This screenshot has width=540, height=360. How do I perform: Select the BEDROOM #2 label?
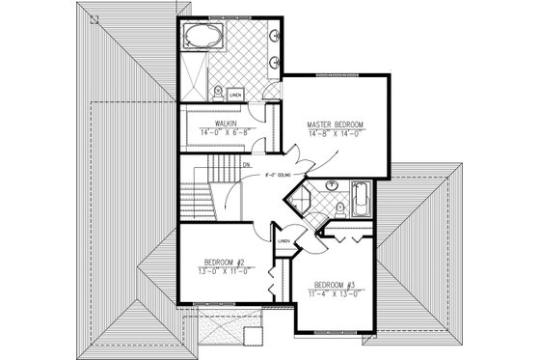(227, 262)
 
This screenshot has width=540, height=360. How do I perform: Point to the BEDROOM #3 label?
(329, 284)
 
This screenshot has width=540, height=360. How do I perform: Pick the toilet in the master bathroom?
(220, 92)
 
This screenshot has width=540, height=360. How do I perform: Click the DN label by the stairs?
(248, 165)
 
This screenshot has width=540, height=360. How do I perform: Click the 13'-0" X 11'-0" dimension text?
(227, 270)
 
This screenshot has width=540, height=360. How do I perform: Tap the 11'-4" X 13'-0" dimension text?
(329, 292)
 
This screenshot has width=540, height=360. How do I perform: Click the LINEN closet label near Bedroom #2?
(284, 241)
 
